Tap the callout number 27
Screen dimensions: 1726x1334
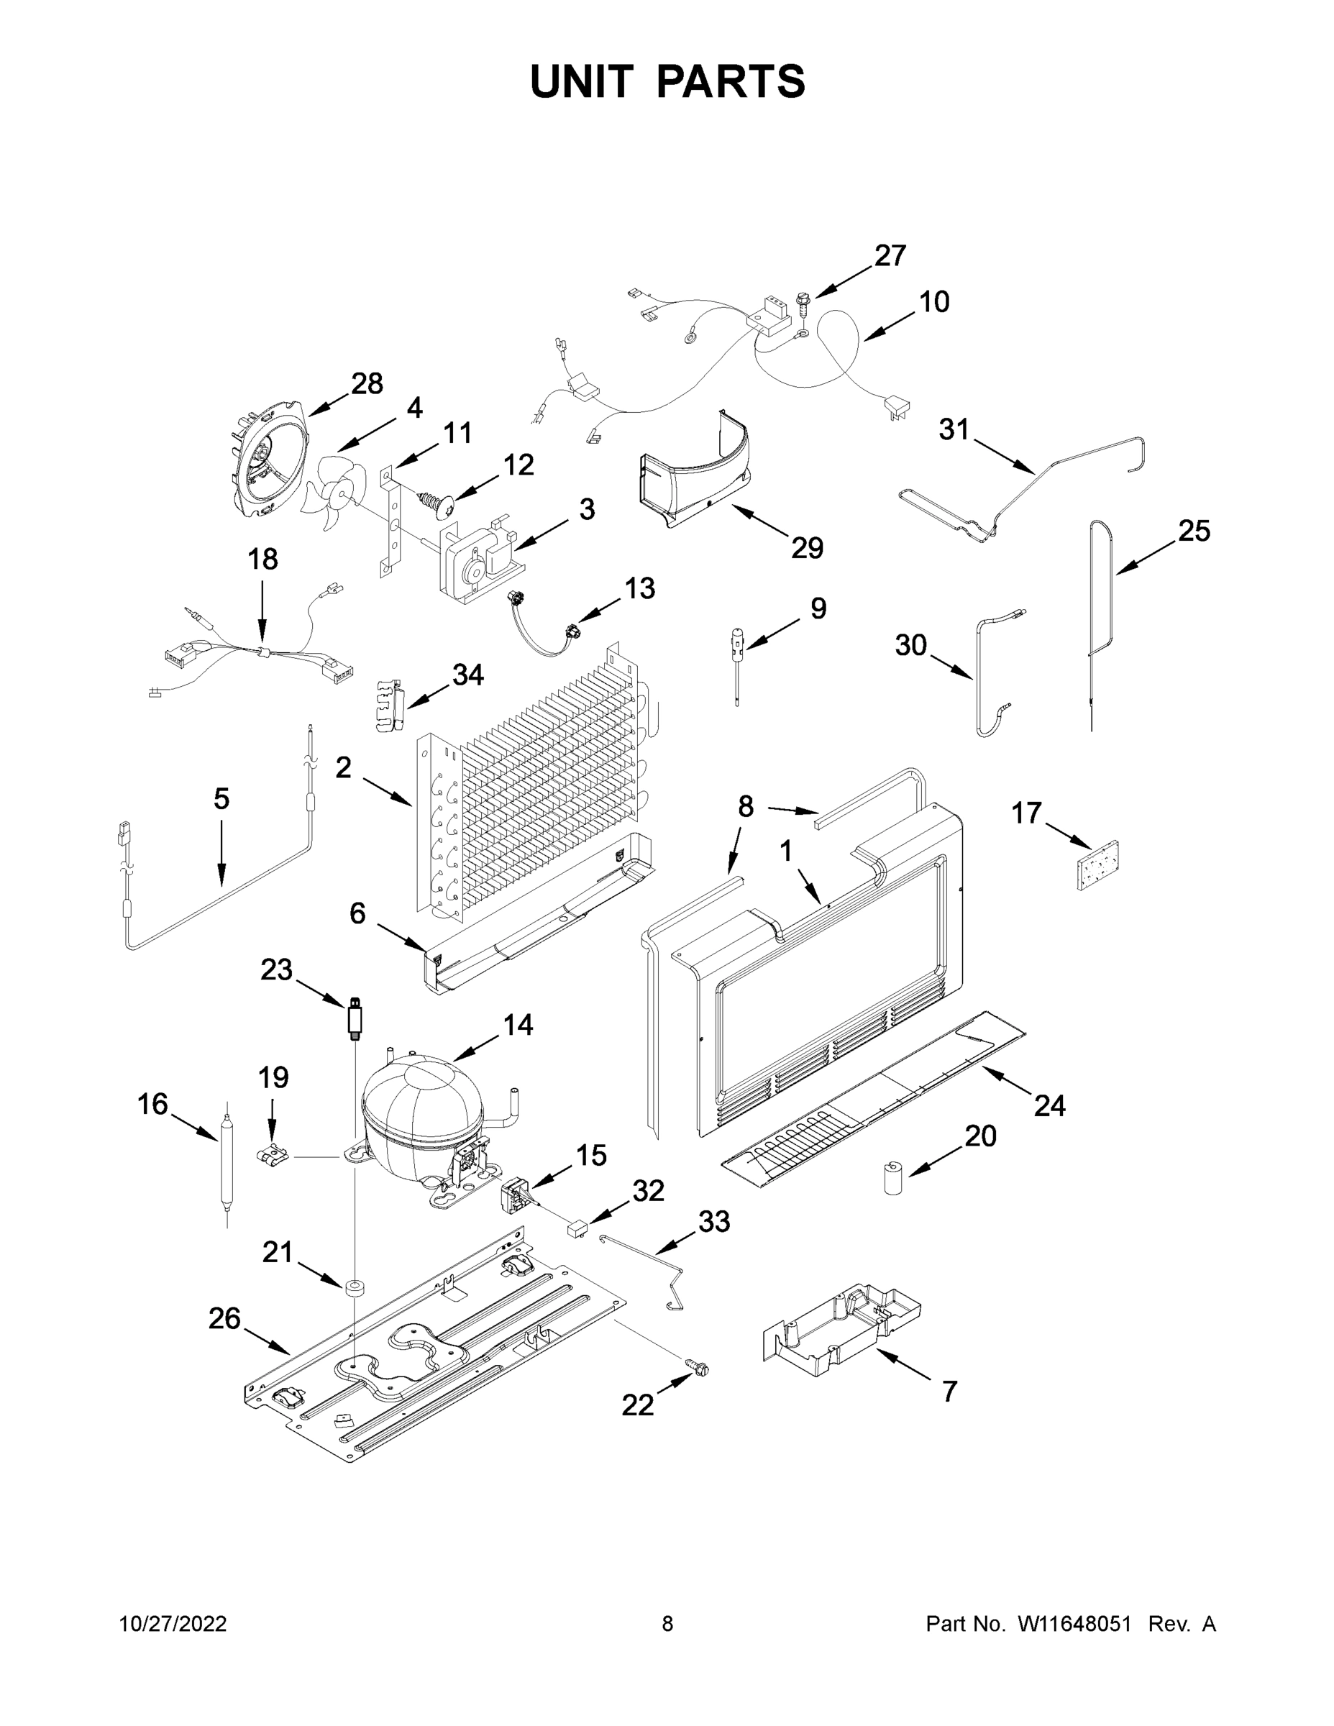tap(890, 255)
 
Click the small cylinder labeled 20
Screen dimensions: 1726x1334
tap(893, 1177)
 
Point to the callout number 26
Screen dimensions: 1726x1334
tap(224, 1318)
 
